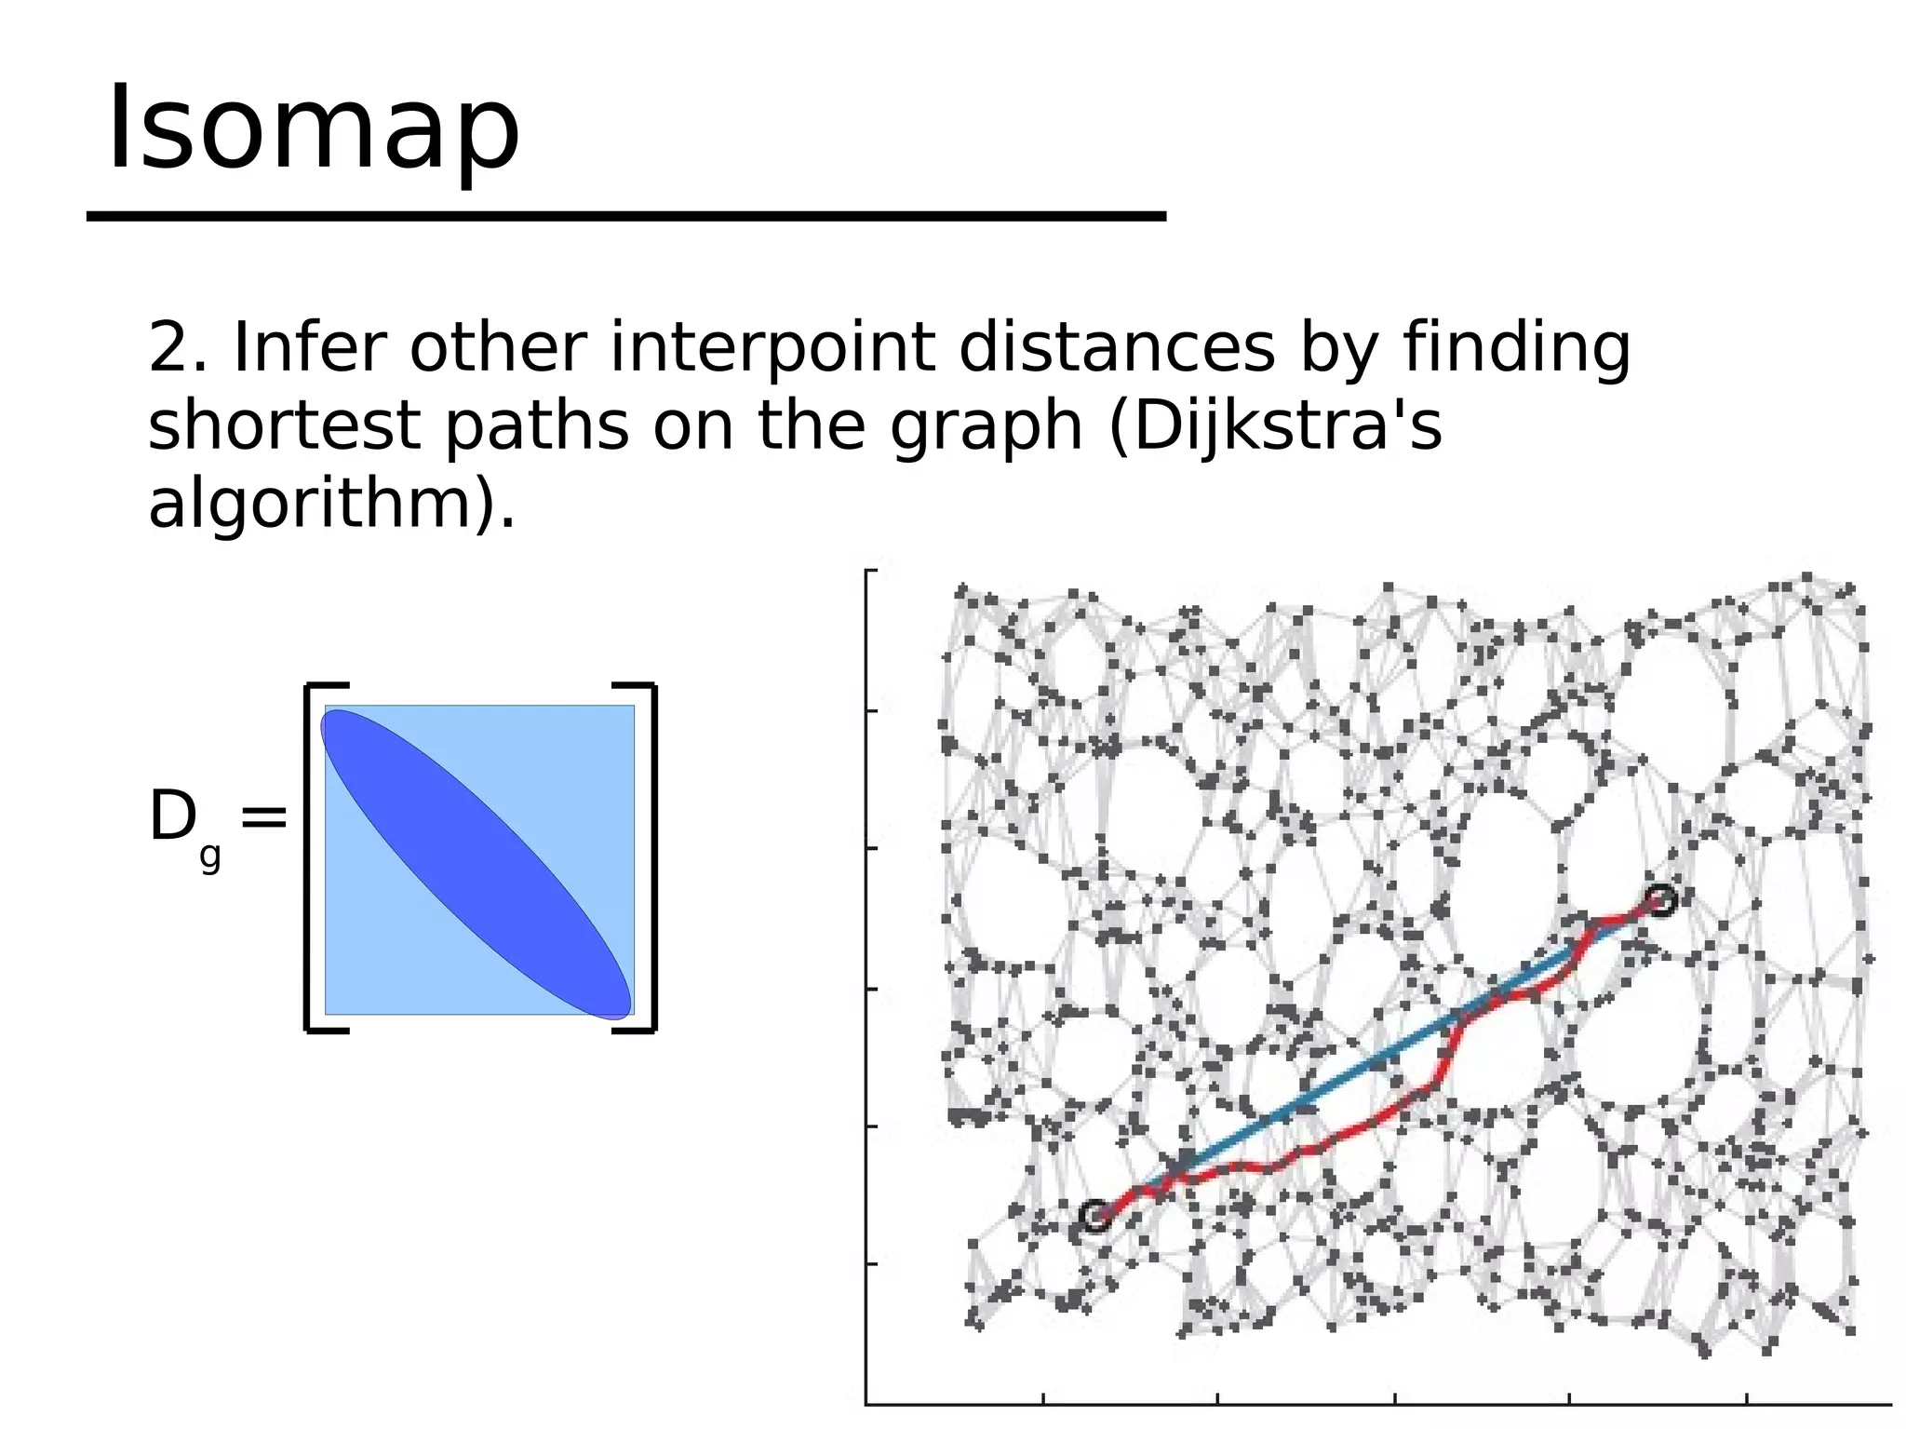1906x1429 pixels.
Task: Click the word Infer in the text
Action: pos(309,347)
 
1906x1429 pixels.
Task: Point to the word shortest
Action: pos(284,425)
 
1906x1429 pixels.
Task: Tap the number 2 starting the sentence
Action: pos(167,347)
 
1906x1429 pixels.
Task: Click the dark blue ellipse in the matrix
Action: pos(476,863)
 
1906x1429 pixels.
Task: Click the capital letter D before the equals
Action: pos(172,817)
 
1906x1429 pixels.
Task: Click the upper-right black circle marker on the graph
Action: pos(1661,900)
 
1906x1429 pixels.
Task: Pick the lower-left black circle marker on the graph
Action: pos(1095,1216)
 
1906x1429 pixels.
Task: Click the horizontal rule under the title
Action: pos(625,216)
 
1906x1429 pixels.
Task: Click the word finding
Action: pos(1516,347)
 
